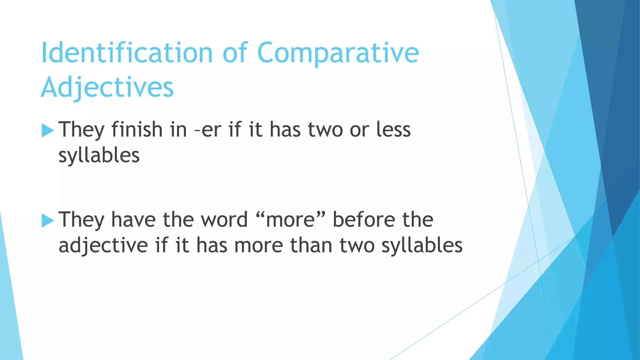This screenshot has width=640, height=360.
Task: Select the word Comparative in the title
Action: (x=338, y=53)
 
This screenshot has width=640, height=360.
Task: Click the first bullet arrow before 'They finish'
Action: (x=47, y=130)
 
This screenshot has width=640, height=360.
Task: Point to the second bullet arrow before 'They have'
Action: (x=47, y=221)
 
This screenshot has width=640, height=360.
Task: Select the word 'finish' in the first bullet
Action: (x=137, y=129)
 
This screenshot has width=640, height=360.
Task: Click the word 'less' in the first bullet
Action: (x=393, y=129)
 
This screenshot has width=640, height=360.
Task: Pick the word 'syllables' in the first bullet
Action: (x=99, y=156)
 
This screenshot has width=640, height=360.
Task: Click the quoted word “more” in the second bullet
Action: (x=291, y=219)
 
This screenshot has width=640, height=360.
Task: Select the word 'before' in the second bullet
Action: (x=364, y=219)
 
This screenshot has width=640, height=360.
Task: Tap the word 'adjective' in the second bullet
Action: (x=103, y=246)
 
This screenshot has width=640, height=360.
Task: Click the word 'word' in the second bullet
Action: (x=224, y=219)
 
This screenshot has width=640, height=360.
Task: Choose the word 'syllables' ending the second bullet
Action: (x=422, y=246)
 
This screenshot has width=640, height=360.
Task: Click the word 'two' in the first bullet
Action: (x=325, y=129)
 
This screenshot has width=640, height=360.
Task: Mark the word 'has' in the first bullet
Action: (x=285, y=129)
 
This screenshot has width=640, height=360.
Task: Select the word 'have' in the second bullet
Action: (x=133, y=219)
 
